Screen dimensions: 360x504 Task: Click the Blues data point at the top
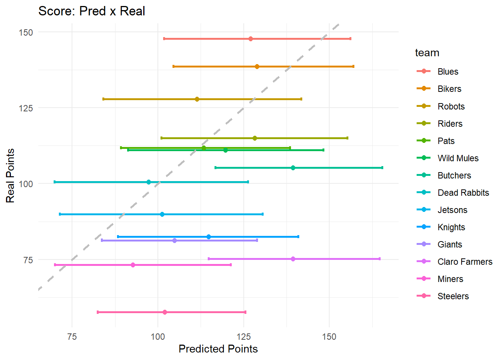coord(250,39)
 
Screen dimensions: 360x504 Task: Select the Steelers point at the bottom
coord(165,312)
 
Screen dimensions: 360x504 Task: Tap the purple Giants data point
coord(174,240)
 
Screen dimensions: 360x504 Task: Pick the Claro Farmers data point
coord(293,259)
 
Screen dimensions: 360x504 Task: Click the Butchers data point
coord(293,168)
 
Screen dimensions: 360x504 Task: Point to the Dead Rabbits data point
coord(148,182)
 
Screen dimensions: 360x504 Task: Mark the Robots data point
coord(197,99)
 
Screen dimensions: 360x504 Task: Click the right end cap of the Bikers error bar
coord(353,66)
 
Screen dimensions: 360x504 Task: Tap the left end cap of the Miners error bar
coord(55,265)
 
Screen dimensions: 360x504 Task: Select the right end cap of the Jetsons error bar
coord(262,214)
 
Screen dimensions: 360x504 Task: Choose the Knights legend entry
coord(451,227)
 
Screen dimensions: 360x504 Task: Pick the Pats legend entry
coord(446,141)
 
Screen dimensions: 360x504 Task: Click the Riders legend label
coord(450,124)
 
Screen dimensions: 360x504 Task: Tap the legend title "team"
coord(427,53)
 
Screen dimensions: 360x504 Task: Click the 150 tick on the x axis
coord(329,336)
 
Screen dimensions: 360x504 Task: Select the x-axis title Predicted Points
coord(218,349)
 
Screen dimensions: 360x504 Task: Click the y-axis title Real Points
coord(10,175)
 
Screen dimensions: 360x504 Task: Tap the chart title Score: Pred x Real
coord(91,11)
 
